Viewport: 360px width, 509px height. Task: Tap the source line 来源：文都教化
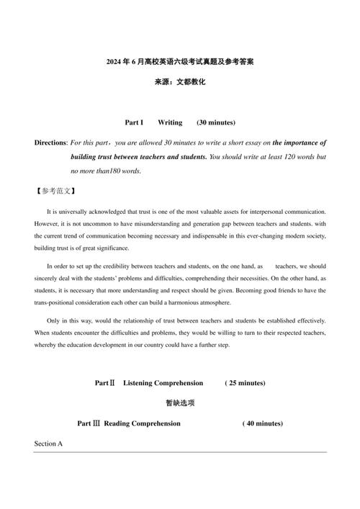[x=179, y=83]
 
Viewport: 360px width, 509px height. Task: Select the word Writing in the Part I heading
[x=170, y=122]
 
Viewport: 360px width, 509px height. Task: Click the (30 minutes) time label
[x=216, y=122]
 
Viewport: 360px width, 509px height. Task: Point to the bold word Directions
[x=50, y=143]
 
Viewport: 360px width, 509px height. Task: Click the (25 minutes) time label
[x=245, y=383]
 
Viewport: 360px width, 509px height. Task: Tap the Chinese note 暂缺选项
[x=179, y=403]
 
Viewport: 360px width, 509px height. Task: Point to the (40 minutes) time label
[x=262, y=423]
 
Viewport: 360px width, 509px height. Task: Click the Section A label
[x=49, y=444]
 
